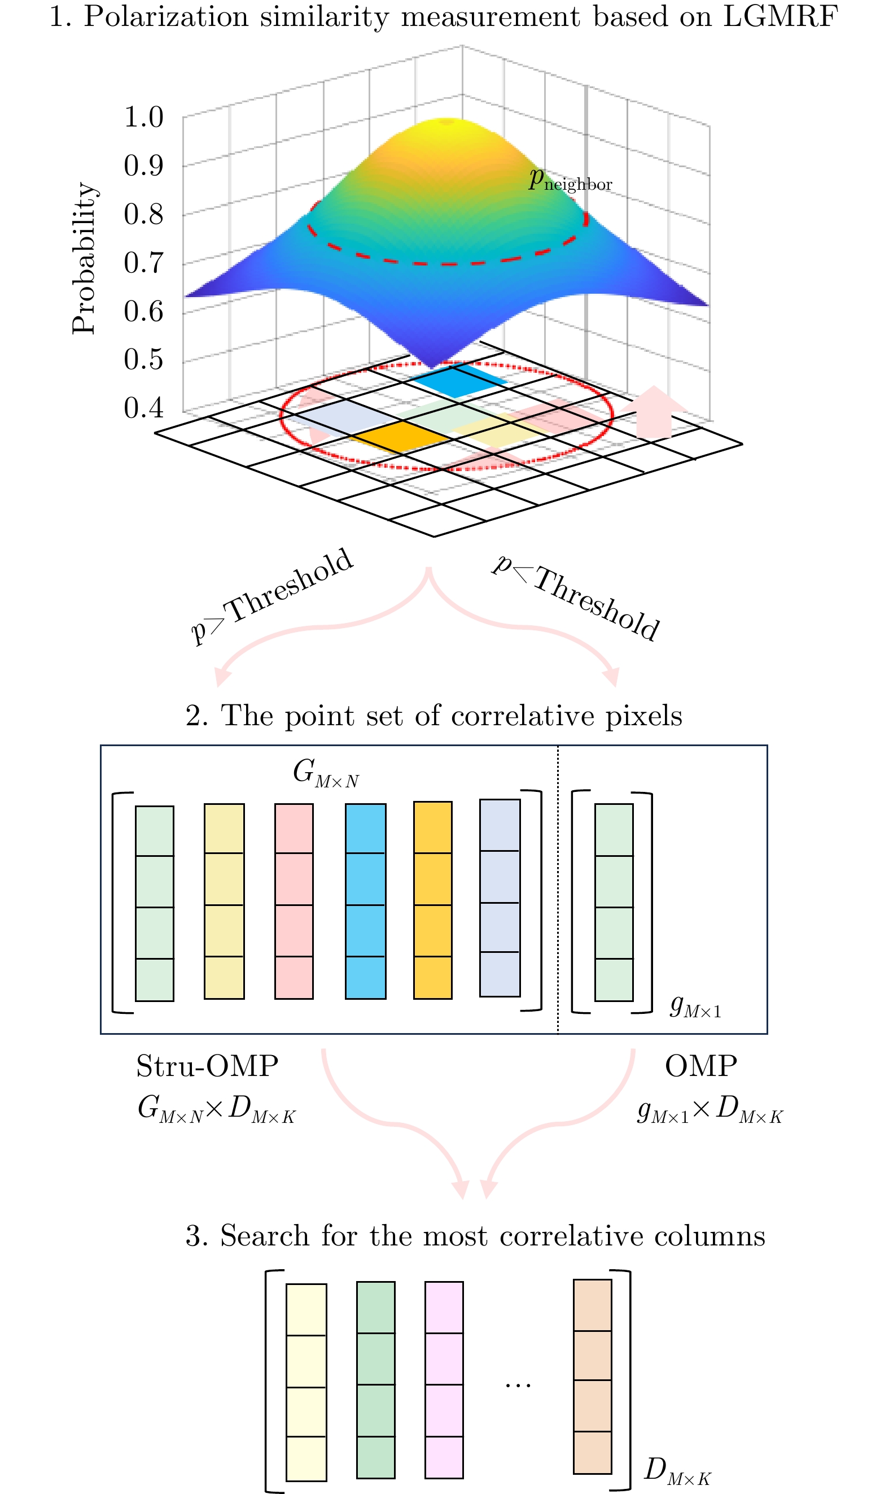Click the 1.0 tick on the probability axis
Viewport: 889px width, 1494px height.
(x=143, y=117)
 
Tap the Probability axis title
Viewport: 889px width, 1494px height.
(x=84, y=258)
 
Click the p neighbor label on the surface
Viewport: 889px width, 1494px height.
(x=570, y=180)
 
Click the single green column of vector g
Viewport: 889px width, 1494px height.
(x=614, y=902)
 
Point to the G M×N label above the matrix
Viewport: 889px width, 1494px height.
(x=326, y=773)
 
